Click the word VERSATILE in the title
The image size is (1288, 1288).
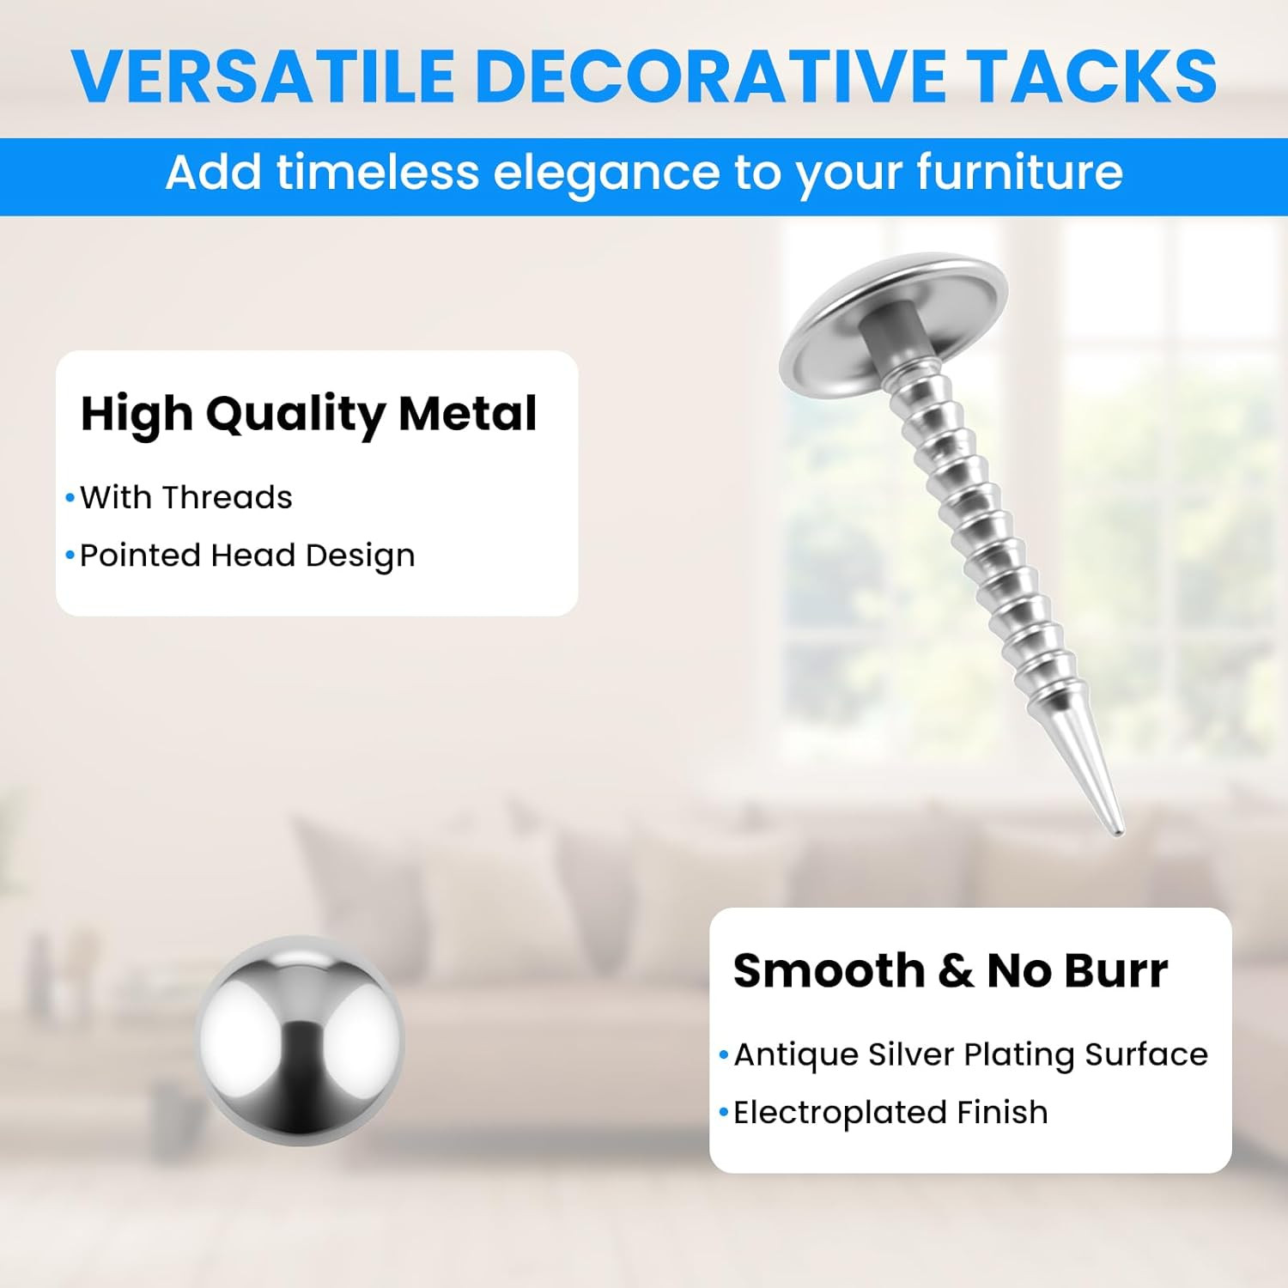263,76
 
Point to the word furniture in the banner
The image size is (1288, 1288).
1019,172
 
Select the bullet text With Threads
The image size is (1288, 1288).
186,498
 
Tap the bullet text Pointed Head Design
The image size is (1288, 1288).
247,556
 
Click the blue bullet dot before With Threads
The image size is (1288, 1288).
70,498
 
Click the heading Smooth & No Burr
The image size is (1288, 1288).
951,971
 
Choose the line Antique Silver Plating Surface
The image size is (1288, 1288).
971,1055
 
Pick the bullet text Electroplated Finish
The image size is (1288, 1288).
890,1113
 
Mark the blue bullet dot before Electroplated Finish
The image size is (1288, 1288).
724,1113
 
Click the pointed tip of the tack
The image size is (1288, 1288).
1118,832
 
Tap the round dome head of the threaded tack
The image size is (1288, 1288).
893,322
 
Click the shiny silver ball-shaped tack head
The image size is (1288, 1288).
300,1041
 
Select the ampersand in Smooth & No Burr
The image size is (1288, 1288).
956,971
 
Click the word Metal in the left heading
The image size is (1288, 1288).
468,413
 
